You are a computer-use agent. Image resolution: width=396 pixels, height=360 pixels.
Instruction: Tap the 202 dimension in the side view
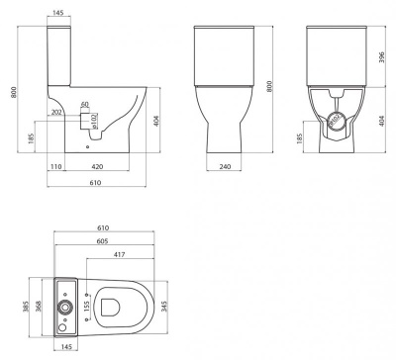click(x=56, y=114)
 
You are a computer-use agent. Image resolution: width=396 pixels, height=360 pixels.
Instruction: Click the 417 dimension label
click(x=118, y=255)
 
